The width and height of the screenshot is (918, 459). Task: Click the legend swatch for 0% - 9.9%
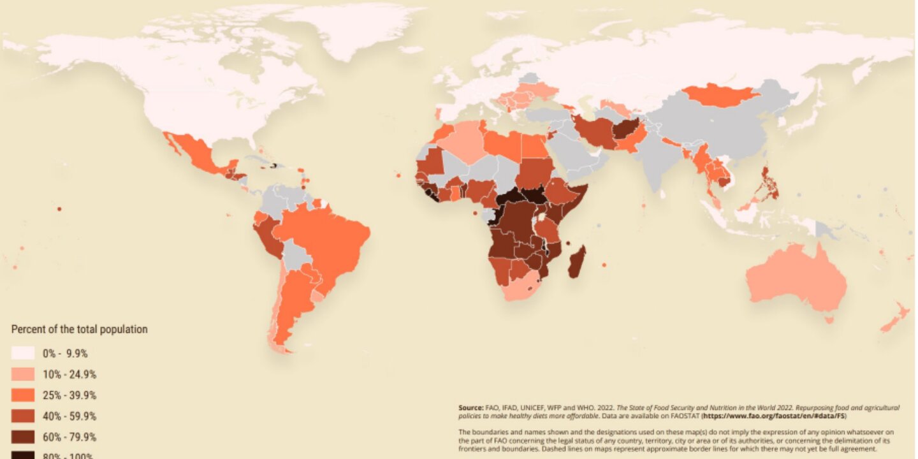(23, 353)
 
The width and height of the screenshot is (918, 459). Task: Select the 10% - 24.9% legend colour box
(23, 374)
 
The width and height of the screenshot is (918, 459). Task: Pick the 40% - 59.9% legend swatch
(23, 416)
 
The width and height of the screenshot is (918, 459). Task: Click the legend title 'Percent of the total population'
(80, 330)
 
